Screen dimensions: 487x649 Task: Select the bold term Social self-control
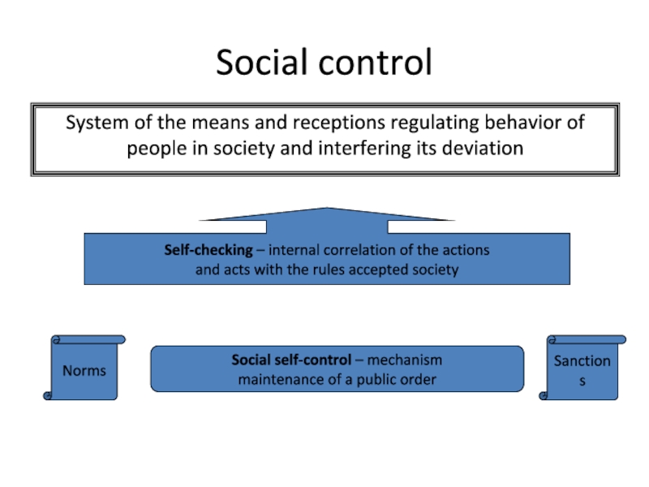pyautogui.click(x=291, y=360)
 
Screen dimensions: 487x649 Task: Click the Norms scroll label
pyautogui.click(x=84, y=370)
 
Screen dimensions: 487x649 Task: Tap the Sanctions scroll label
pyautogui.click(x=582, y=369)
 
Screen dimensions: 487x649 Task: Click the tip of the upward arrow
pyautogui.click(x=326, y=209)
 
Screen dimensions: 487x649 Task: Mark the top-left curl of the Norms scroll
pyautogui.click(x=56, y=339)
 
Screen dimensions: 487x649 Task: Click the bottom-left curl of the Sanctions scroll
pyautogui.click(x=544, y=395)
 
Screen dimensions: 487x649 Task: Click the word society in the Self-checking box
pyautogui.click(x=433, y=269)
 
